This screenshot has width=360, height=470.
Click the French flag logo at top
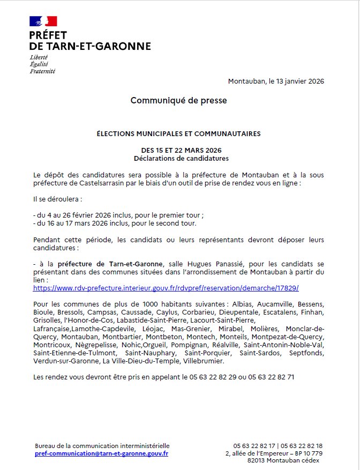pyautogui.click(x=43, y=21)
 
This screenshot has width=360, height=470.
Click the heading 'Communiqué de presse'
pyautogui.click(x=179, y=100)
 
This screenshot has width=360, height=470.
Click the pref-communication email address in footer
pyautogui.click(x=101, y=453)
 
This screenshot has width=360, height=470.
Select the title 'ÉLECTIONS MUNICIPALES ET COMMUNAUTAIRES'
pyautogui.click(x=179, y=133)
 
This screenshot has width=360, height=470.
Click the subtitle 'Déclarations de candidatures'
pyautogui.click(x=181, y=158)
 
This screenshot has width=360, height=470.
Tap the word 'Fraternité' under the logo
pyautogui.click(x=42, y=71)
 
